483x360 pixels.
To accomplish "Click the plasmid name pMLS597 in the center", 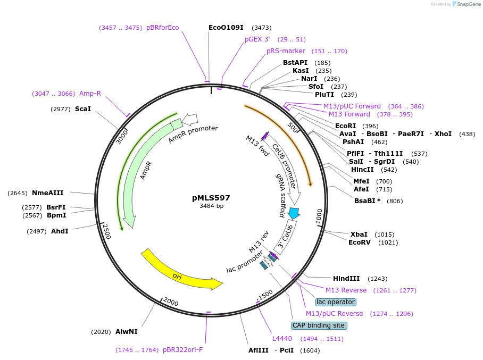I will click(211, 198).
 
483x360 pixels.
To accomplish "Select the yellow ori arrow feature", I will click(181, 274).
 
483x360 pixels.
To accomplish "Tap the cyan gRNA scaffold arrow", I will click(294, 213).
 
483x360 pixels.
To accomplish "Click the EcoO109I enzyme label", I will click(226, 27).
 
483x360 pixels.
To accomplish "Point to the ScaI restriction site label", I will click(83, 108).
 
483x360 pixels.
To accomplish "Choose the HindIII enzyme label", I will click(346, 278).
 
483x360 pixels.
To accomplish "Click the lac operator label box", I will click(335, 302).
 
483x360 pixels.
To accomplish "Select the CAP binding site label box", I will click(319, 325).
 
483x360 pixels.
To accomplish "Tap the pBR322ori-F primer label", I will click(182, 350).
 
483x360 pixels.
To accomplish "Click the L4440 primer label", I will click(282, 338).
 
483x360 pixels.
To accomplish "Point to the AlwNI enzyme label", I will click(127, 331).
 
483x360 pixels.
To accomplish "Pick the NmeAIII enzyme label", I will click(48, 192).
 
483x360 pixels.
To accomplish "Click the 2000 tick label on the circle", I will click(171, 302).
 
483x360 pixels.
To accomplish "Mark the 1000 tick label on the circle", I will click(319, 216).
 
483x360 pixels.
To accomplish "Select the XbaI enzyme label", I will click(359, 234).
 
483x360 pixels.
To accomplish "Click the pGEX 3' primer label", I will click(257, 39).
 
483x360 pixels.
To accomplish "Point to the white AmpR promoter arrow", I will click(190, 119).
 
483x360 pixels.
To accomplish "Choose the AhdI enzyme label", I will click(60, 231).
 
